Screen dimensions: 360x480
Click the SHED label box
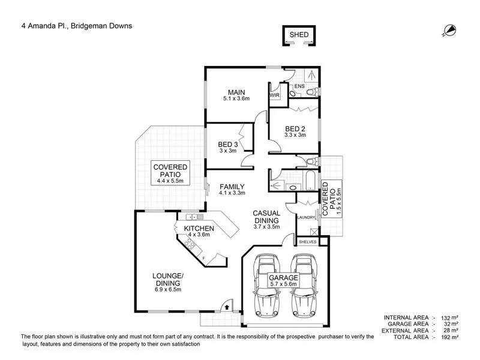point(299,35)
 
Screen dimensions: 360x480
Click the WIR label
point(275,95)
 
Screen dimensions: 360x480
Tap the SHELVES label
point(308,242)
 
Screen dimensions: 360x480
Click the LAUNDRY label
point(306,217)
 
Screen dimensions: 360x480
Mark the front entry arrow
point(228,306)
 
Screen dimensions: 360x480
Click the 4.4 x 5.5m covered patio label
point(170,173)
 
